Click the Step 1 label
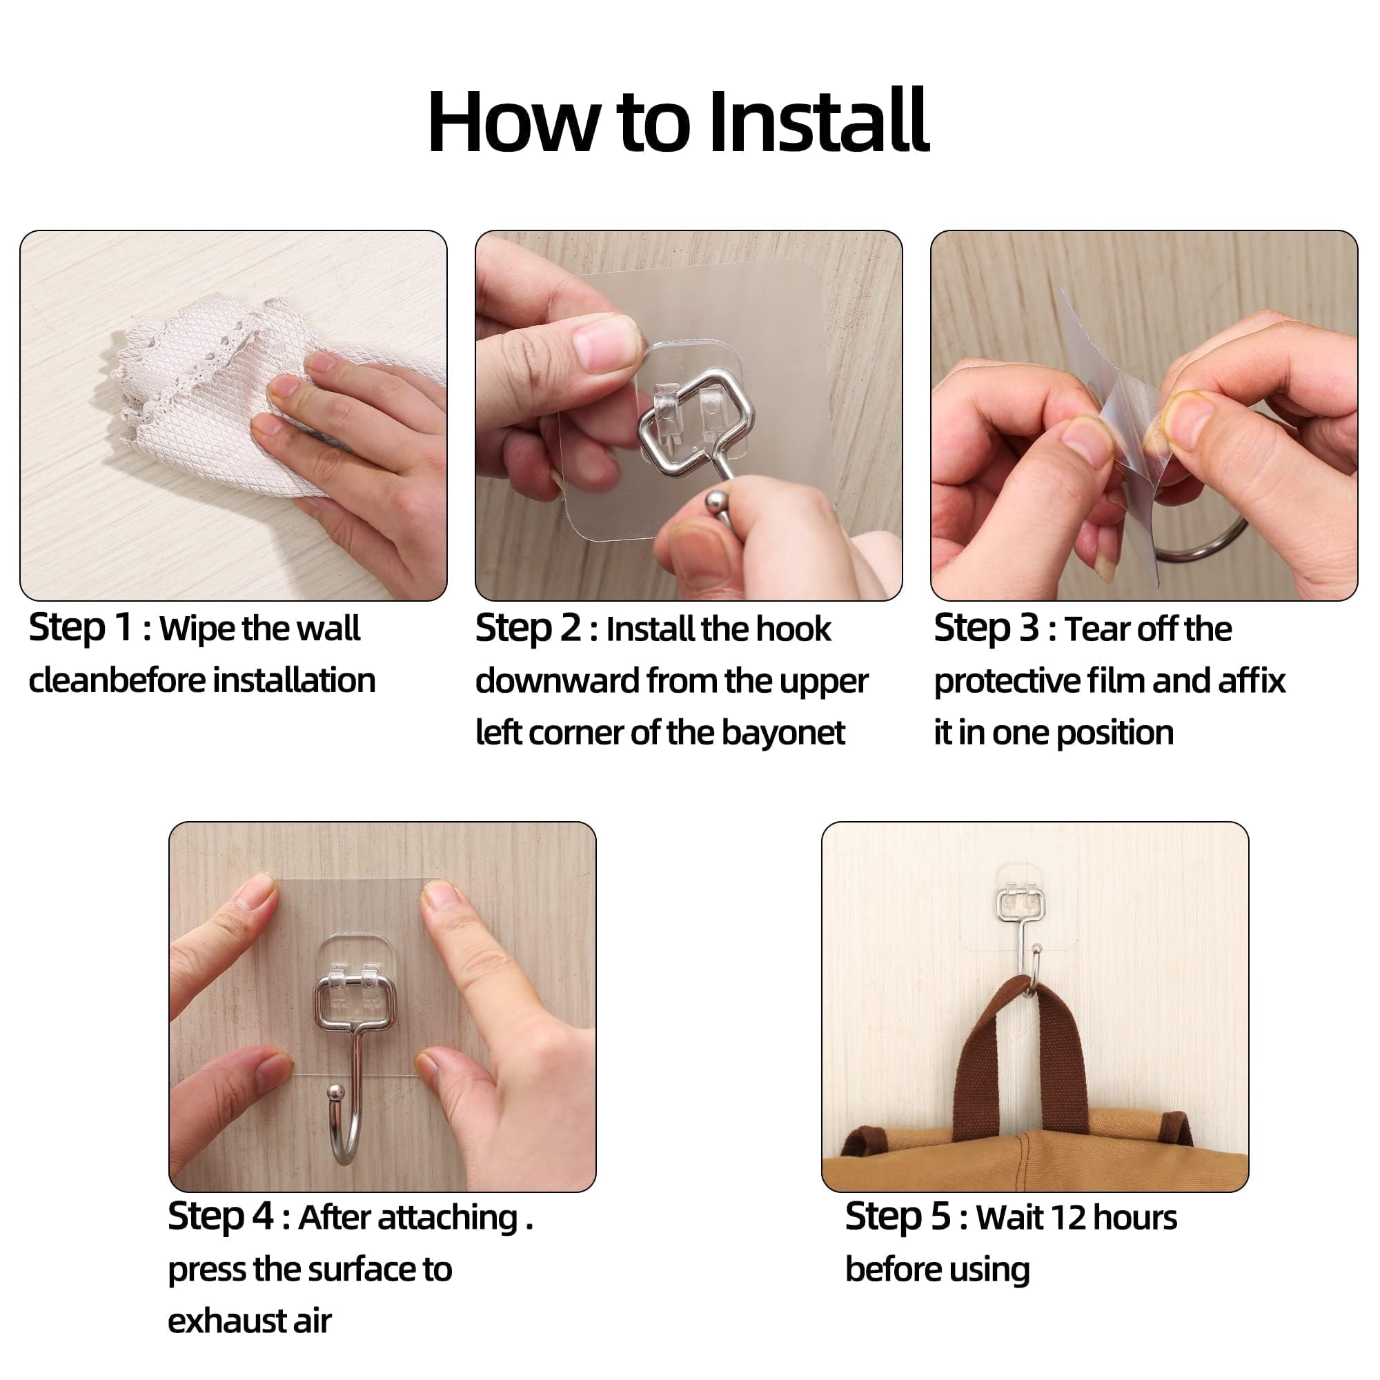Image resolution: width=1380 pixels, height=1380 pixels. click(x=80, y=628)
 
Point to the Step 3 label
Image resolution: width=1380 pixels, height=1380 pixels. click(x=986, y=629)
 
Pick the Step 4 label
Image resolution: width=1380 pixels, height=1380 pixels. click(x=220, y=1217)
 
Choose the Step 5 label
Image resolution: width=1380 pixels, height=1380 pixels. click(x=897, y=1217)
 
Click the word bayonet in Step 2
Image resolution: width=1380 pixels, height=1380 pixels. click(x=783, y=733)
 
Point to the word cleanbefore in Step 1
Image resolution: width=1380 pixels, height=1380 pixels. click(x=117, y=681)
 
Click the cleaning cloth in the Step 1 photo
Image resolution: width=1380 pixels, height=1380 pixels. click(x=215, y=400)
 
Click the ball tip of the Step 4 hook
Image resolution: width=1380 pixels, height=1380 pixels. click(x=336, y=1093)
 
